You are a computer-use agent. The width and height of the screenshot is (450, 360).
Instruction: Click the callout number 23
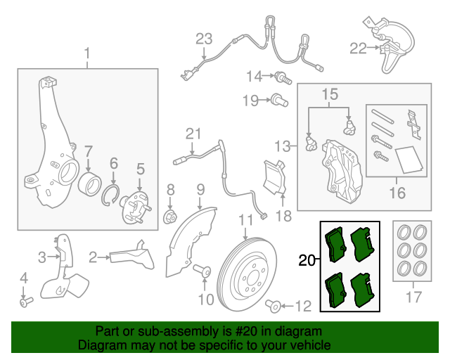pyautogui.click(x=203, y=39)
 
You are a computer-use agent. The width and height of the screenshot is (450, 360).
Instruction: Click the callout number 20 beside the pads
pyautogui.click(x=307, y=261)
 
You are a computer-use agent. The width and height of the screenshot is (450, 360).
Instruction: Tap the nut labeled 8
pyautogui.click(x=170, y=216)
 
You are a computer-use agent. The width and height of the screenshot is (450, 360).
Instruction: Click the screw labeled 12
pyautogui.click(x=274, y=305)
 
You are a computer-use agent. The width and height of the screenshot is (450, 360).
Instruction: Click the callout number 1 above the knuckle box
pyautogui.click(x=88, y=53)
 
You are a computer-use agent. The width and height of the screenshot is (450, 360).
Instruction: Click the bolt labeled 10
pyautogui.click(x=203, y=271)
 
